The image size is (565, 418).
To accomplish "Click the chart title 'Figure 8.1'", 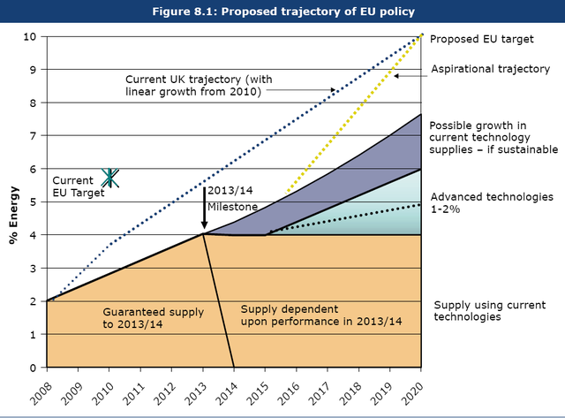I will coord(282,11).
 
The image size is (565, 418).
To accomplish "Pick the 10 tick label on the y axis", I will coord(31,36).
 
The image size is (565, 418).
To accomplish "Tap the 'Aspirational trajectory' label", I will coord(491,69).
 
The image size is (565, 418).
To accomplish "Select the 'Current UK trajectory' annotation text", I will coord(200,84).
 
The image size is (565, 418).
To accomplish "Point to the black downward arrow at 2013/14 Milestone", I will coord(204,208).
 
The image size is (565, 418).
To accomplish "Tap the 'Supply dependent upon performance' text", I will coord(321,314).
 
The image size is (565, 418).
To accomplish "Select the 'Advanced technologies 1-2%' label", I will coord(490,202).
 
